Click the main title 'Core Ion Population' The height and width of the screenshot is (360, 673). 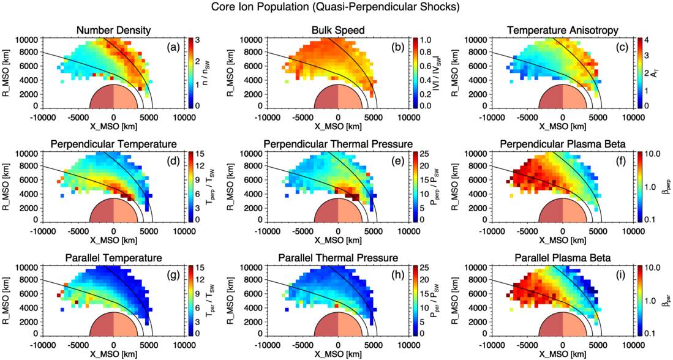(x=336, y=8)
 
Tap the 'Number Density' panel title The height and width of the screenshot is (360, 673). (x=113, y=30)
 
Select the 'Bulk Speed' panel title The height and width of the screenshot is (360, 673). (x=338, y=30)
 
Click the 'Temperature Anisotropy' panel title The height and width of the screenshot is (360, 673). (x=563, y=30)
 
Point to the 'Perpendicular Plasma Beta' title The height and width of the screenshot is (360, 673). (x=563, y=144)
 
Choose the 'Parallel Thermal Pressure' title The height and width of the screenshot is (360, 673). (x=338, y=258)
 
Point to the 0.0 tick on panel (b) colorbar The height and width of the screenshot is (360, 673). (x=423, y=105)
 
